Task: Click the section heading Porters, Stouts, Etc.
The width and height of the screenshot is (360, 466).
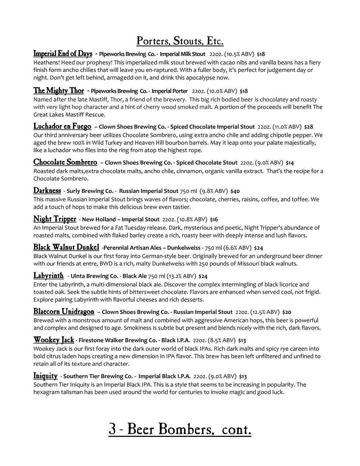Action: point(180,41)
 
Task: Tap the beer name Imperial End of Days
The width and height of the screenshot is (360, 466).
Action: point(63,54)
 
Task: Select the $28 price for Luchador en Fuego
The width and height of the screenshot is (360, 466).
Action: point(309,127)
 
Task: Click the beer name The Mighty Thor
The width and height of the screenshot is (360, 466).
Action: point(59,91)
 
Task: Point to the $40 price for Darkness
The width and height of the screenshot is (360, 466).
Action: point(235,191)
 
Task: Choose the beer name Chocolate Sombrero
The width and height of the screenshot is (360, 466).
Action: point(65,162)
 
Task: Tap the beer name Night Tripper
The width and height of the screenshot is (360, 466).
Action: point(55,219)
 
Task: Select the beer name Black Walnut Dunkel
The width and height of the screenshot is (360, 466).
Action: point(66,247)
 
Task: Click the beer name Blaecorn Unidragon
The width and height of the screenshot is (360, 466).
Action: point(64,312)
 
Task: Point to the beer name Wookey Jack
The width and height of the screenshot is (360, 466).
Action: point(54,340)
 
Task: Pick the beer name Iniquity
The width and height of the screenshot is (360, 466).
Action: point(45,376)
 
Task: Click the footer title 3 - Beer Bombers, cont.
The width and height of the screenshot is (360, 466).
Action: point(180,429)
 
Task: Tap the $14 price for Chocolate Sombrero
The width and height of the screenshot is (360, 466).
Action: point(290,163)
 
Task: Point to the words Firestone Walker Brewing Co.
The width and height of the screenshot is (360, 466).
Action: point(117,340)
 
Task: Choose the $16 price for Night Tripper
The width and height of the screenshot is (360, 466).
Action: point(214,219)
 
